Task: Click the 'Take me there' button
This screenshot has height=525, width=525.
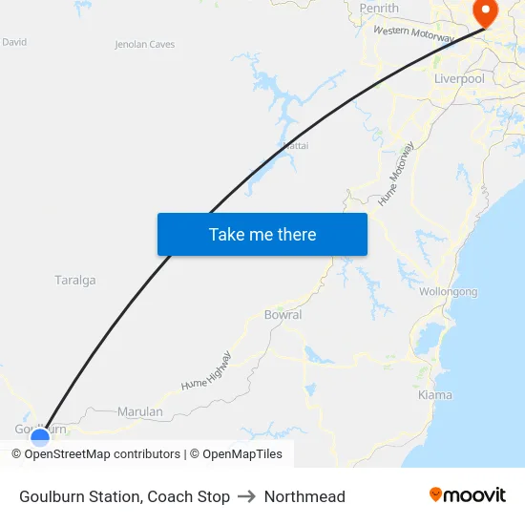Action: coord(262,234)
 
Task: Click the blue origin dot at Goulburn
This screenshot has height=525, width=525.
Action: coord(40,437)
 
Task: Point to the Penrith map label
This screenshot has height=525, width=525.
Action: coord(379,9)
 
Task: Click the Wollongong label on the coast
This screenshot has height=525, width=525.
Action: coord(448,291)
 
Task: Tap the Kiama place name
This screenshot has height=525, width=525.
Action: coord(435,394)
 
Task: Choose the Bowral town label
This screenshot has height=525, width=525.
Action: coord(283,314)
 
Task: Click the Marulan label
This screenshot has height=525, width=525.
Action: coord(139,411)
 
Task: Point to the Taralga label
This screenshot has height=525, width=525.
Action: coord(75,281)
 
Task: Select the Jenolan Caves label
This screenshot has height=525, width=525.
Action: coord(144,44)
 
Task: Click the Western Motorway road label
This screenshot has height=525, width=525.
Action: coord(413,34)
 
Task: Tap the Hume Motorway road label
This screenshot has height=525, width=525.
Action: coord(396,175)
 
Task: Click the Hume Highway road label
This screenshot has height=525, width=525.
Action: coord(206,371)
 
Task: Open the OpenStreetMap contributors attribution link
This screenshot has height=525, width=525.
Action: coord(102,454)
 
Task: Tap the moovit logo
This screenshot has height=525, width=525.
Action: coord(467,495)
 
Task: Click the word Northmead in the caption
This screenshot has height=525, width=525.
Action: coord(304,496)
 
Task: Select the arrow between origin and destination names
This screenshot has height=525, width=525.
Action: coord(246,496)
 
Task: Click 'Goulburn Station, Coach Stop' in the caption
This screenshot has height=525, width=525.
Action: coord(124,496)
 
